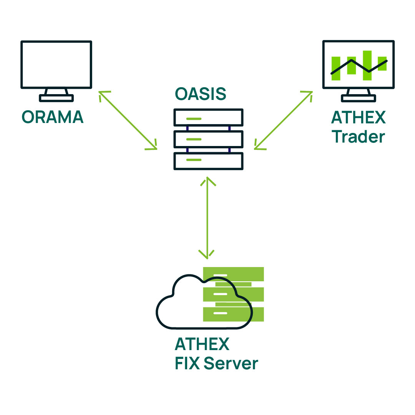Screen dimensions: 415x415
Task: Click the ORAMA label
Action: coord(53,117)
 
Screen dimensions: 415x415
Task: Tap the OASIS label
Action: coord(200,94)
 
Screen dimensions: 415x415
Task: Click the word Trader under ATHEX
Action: coord(359,137)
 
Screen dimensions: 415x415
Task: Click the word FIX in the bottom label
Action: coord(188,363)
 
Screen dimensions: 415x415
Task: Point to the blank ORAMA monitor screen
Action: coord(56,65)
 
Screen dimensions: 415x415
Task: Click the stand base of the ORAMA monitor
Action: coord(56,98)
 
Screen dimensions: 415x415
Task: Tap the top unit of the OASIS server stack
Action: coord(208,117)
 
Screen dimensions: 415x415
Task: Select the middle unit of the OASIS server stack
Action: coord(208,139)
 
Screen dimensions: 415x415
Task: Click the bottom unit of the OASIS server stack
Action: coord(208,161)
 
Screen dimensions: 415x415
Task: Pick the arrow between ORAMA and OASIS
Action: coord(128,120)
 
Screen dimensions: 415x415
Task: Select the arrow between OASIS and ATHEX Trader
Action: coord(283,120)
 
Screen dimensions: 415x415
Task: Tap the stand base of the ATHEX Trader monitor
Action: coord(358,98)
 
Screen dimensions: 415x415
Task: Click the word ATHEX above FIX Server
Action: coord(202,344)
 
